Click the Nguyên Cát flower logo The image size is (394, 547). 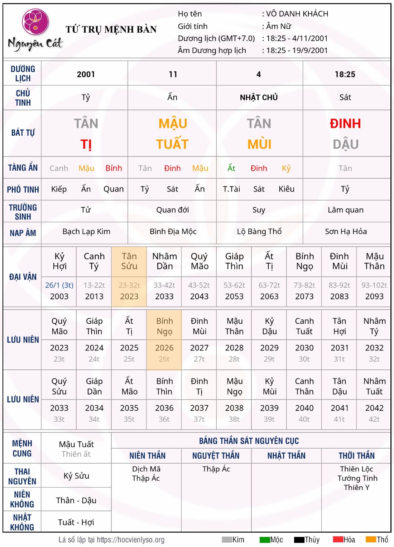35,22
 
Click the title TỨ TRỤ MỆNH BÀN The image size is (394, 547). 111,29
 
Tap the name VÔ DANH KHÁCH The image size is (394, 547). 297,14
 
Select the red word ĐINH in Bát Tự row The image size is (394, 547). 345,124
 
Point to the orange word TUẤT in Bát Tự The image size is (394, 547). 172,144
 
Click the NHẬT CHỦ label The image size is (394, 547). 259,97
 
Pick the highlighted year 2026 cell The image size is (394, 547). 164,348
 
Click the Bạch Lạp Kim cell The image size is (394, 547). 86,232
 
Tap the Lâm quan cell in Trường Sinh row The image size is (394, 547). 346,210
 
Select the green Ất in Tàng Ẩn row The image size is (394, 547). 231,168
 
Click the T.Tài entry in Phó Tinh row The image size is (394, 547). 231,189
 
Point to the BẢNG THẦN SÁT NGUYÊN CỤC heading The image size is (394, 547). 249,441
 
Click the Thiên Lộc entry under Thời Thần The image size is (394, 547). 356,469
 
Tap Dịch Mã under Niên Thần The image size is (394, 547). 146,469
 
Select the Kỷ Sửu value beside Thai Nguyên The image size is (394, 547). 76,476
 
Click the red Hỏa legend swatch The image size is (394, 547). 338,539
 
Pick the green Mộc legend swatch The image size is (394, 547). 265,539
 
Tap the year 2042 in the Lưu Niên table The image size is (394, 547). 374,408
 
